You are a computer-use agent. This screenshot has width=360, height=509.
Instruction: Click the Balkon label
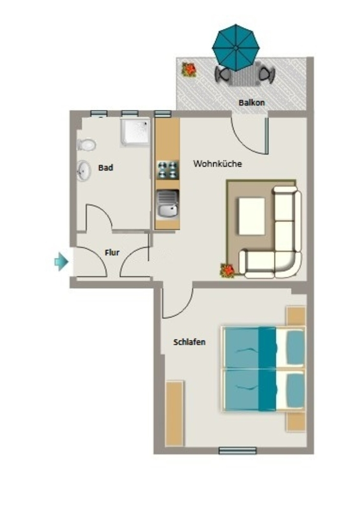coord(252,102)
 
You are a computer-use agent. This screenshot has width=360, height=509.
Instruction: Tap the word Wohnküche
coord(217,163)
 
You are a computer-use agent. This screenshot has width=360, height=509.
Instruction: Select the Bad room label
coord(106,168)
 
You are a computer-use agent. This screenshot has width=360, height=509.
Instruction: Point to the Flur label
coord(112,252)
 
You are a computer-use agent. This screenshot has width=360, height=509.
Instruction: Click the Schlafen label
coord(189,342)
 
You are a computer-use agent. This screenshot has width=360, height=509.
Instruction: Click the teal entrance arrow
coord(61,261)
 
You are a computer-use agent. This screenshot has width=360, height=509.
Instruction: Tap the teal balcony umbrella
coord(236,47)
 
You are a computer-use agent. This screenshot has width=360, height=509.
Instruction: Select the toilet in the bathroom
coord(87,145)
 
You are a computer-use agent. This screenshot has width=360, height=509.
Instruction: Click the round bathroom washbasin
coord(84,170)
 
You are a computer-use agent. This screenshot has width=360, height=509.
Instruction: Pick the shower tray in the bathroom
coord(135,132)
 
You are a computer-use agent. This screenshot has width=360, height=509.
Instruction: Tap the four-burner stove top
coord(168,170)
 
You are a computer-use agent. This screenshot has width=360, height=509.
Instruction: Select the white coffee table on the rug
coord(252,216)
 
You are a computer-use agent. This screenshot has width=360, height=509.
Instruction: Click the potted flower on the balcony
coord(189,70)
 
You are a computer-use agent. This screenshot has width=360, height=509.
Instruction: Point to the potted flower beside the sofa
coord(227,270)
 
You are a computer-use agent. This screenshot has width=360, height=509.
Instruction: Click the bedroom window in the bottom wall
coord(238,450)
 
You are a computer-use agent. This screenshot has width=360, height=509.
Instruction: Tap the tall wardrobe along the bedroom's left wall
coord(175,414)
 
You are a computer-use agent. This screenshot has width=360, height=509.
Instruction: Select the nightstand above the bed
coord(296,316)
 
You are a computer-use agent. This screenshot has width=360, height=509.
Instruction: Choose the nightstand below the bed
coord(296,422)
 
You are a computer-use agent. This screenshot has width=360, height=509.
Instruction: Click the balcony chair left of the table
coord(223,75)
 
